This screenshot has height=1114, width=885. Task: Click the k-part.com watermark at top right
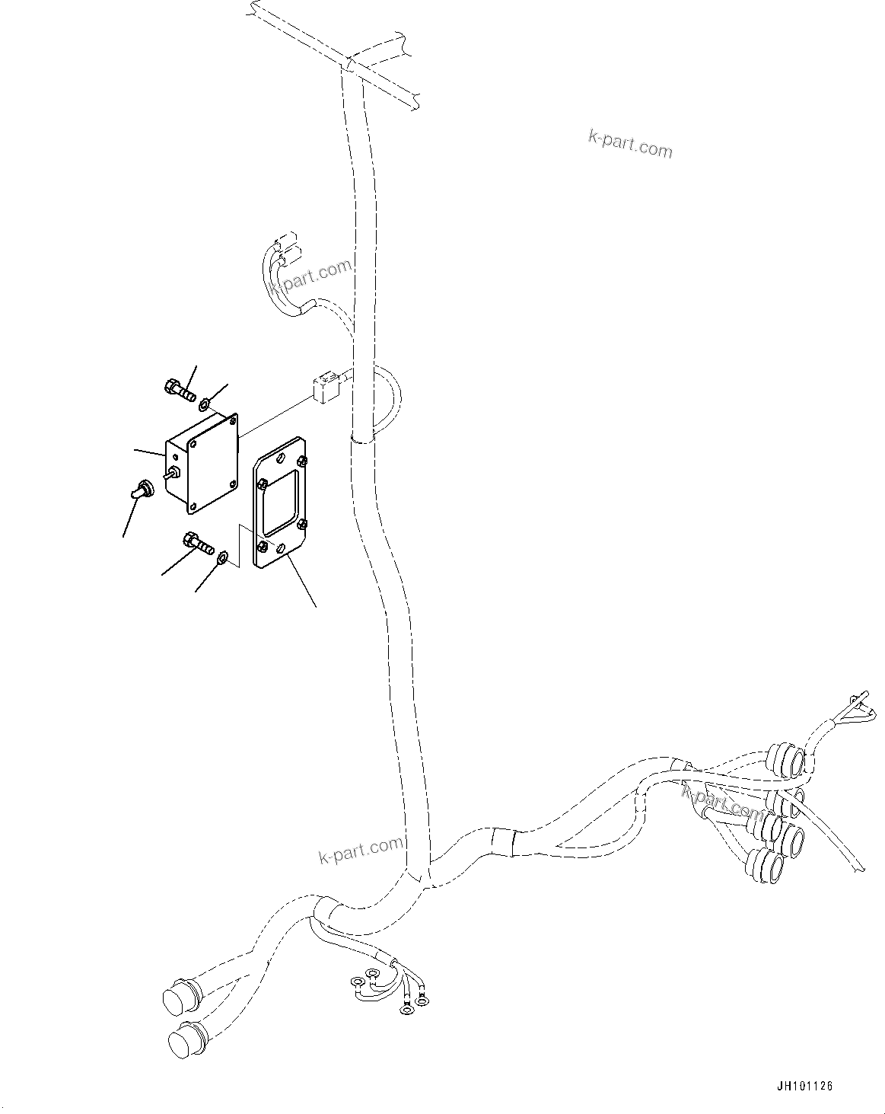(631, 142)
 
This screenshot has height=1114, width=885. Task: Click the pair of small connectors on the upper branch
(285, 252)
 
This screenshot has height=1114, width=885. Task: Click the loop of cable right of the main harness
(390, 401)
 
